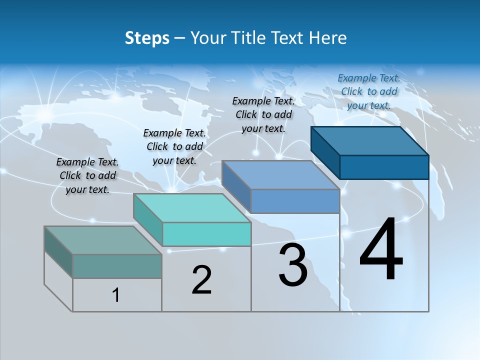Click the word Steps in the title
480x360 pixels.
(x=147, y=38)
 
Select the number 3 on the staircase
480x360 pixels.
(x=293, y=265)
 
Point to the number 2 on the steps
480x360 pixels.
(x=202, y=280)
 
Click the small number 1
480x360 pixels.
(x=116, y=295)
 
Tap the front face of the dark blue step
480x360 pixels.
(x=384, y=167)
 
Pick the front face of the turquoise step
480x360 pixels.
(x=206, y=234)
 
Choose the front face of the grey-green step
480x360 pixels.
(x=117, y=266)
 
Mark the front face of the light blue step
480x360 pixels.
(x=295, y=201)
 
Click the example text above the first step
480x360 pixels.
(x=87, y=175)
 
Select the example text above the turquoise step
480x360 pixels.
(x=174, y=146)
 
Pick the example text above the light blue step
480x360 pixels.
(x=263, y=114)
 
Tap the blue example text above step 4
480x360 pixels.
(x=369, y=91)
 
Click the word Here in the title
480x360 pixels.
(x=328, y=38)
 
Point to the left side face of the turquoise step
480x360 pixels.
(x=148, y=220)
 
